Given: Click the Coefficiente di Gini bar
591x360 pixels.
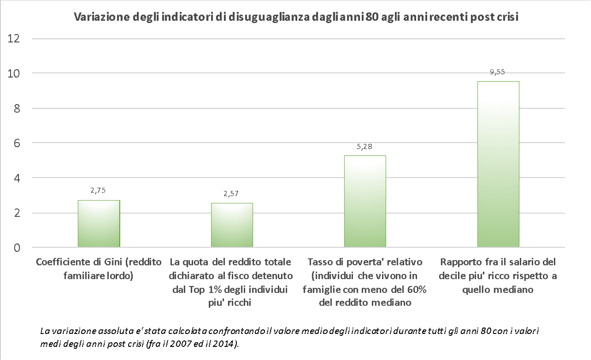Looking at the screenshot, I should [99, 224].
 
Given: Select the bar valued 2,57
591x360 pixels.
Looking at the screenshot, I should [232, 225].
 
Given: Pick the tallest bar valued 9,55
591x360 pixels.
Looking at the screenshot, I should [498, 164].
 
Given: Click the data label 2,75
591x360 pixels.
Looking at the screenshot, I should [98, 191].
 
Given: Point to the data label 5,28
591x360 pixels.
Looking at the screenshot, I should [364, 147].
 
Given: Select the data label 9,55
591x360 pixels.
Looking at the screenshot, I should [498, 72].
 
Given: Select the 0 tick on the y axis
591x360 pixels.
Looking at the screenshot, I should [16, 248].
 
